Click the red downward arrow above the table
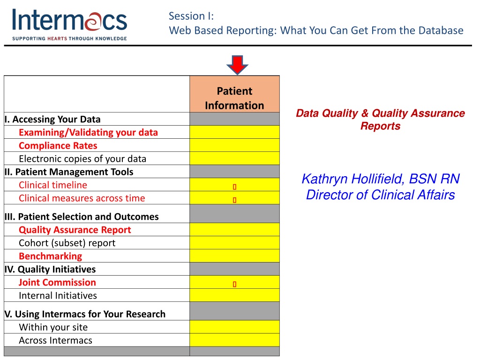pos(237,65)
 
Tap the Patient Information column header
pos(234,98)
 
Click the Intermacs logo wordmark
pos(69,20)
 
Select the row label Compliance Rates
pos(58,145)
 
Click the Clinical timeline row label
pos(53,185)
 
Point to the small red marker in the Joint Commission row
pos(234,285)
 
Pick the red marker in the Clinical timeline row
pos(234,187)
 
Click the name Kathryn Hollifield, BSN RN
pos(381,179)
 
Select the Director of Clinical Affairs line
pos(381,195)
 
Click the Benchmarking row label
pos(51,256)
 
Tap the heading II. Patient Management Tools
pos(69,172)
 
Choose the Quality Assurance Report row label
pos(75,230)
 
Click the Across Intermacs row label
pos(55,340)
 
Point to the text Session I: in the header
pos(191,16)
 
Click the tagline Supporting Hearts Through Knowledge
pos(69,38)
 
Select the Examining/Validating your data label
pos(88,132)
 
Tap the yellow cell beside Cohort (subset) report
pos(234,242)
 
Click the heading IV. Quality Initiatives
pos(50,269)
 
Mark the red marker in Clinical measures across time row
pos(234,200)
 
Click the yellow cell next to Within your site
pos(234,327)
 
